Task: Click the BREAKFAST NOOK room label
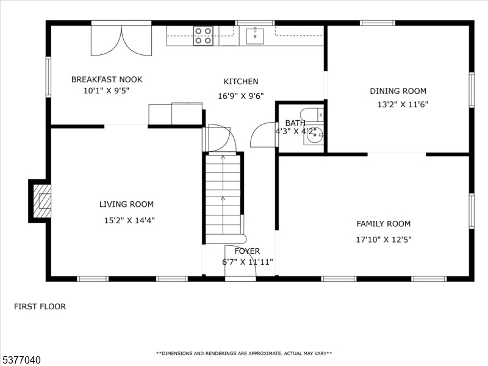pyautogui.click(x=107, y=79)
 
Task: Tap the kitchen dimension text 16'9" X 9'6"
pyautogui.click(x=241, y=96)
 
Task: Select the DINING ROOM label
pyautogui.click(x=398, y=91)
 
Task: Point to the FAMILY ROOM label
pyautogui.click(x=384, y=224)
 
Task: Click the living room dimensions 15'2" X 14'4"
pyautogui.click(x=129, y=221)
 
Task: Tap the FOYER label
pyautogui.click(x=247, y=251)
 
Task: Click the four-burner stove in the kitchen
pyautogui.click(x=203, y=36)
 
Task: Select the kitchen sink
pyautogui.click(x=255, y=36)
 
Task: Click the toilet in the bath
pyautogui.click(x=312, y=115)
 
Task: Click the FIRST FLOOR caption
pyautogui.click(x=40, y=307)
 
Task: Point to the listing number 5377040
pyautogui.click(x=21, y=360)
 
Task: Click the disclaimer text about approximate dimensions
pyautogui.click(x=244, y=354)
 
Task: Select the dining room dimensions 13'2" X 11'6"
pyautogui.click(x=403, y=104)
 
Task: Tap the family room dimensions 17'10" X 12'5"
pyautogui.click(x=384, y=240)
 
